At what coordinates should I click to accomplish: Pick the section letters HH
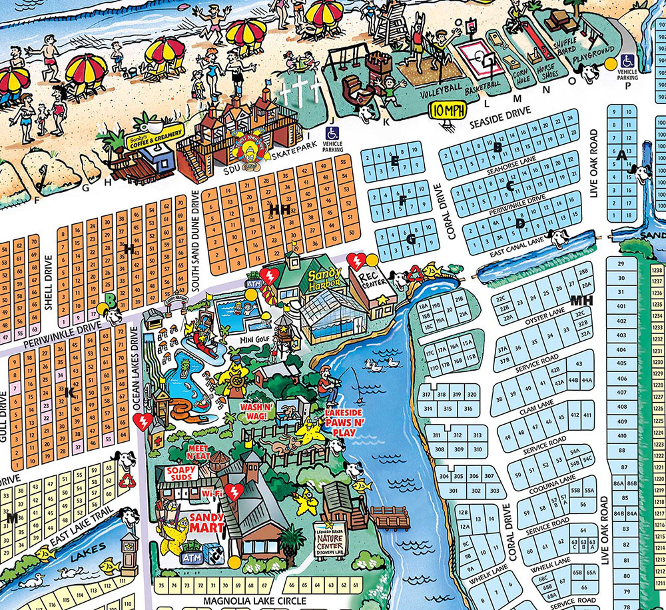pyautogui.click(x=278, y=209)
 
